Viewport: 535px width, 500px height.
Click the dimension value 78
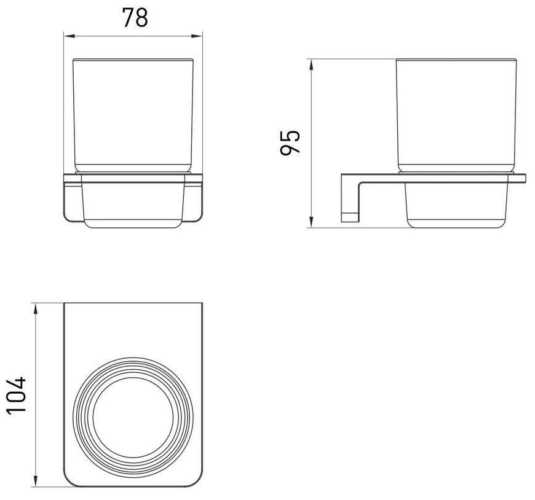click(x=135, y=18)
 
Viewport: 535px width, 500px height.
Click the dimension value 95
click(x=290, y=142)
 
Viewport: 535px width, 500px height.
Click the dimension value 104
click(x=16, y=395)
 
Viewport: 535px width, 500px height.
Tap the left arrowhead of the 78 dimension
click(x=69, y=36)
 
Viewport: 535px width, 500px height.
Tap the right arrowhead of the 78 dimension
click(x=197, y=36)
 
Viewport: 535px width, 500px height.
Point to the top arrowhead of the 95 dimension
click(x=311, y=64)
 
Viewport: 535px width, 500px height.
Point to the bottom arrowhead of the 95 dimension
click(x=311, y=222)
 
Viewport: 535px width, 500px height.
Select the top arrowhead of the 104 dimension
click(x=35, y=309)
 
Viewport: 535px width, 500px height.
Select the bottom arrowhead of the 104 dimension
click(x=35, y=480)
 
